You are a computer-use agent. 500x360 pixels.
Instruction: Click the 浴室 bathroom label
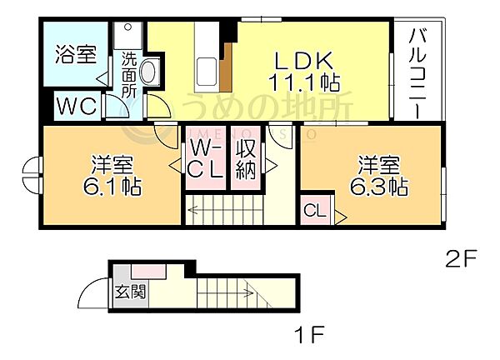[76, 54]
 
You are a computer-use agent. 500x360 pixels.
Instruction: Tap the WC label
[77, 106]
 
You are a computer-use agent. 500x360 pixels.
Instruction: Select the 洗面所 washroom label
[129, 75]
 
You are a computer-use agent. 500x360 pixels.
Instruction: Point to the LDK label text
[304, 61]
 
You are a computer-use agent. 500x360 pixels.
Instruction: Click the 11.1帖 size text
[304, 82]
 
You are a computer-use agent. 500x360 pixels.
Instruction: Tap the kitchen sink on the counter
[207, 72]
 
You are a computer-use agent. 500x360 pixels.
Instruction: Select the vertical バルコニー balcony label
[417, 73]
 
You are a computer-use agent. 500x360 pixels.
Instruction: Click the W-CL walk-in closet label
[205, 159]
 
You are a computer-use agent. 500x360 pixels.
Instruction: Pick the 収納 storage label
[246, 159]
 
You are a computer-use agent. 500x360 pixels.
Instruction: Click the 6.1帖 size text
[112, 186]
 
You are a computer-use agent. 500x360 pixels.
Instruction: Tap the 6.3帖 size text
[379, 186]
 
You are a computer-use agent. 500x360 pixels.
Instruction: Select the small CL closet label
[315, 211]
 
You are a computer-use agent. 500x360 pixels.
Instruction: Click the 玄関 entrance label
[131, 292]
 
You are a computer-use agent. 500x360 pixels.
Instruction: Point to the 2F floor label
[461, 258]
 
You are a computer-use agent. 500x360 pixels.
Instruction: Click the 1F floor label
[308, 334]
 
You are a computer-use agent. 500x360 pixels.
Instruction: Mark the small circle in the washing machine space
[127, 27]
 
